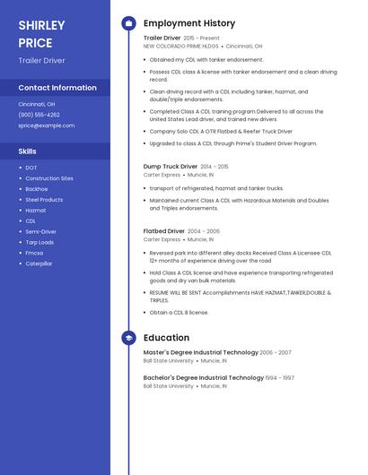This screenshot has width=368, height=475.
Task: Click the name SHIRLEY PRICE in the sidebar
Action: coord(41,34)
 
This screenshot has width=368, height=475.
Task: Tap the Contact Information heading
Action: coord(57,88)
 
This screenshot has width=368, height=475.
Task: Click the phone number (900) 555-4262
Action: coord(39,115)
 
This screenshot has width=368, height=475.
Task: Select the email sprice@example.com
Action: coord(47,125)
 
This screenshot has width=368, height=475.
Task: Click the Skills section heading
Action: coord(28,151)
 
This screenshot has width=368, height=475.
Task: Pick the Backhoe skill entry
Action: coord(37,189)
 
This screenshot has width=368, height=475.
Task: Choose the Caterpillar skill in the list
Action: coord(39,263)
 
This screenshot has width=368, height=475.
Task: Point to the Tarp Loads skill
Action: coord(39,242)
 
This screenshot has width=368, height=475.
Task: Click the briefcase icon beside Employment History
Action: coord(128,23)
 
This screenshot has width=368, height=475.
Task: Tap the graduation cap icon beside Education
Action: coord(128,338)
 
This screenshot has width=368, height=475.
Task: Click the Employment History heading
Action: coord(189,23)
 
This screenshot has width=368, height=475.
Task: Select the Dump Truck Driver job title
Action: coord(171,167)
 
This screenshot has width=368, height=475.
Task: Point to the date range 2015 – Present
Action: coord(201,39)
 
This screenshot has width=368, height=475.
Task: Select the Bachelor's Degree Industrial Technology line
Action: coord(203,378)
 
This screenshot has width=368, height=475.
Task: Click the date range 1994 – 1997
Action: coord(279,378)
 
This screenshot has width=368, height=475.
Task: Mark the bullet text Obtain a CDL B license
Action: coord(179,313)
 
